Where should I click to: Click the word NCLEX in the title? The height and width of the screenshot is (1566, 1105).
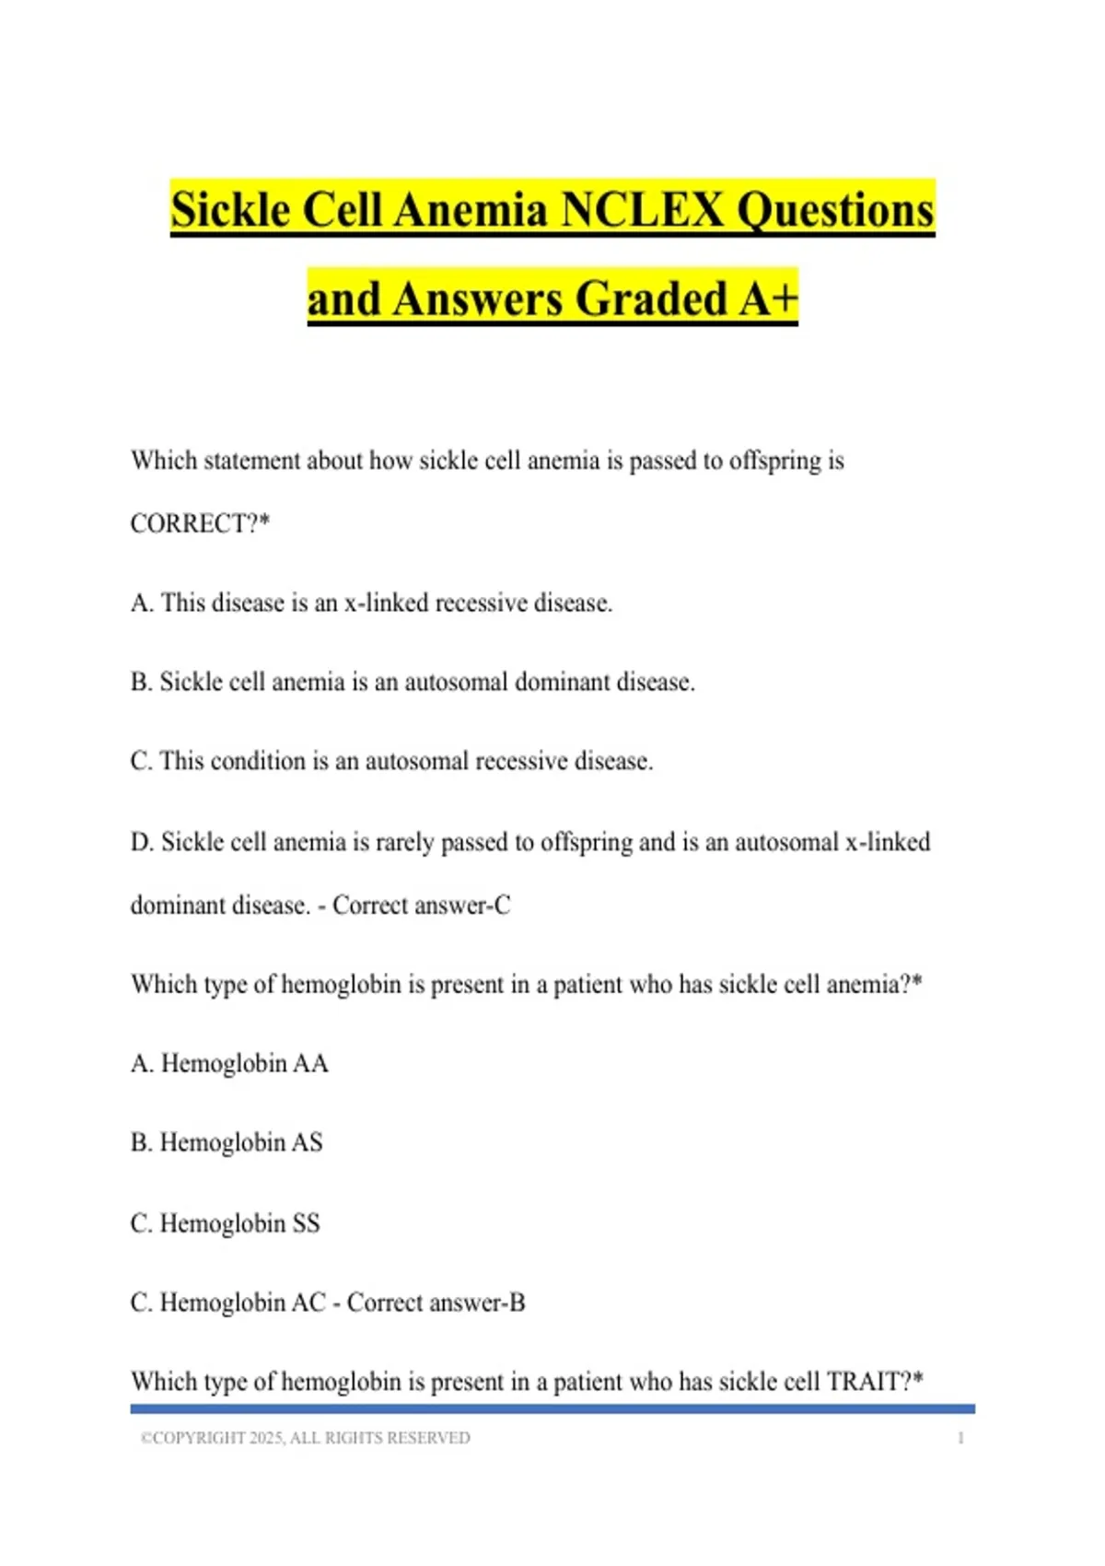click(641, 209)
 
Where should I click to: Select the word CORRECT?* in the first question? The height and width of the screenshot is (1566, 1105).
click(200, 523)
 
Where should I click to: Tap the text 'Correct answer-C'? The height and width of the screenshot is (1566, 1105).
click(421, 906)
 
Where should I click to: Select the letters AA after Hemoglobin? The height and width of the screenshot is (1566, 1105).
click(310, 1063)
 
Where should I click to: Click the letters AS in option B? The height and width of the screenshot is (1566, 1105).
click(308, 1142)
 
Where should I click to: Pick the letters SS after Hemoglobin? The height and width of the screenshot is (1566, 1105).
click(306, 1223)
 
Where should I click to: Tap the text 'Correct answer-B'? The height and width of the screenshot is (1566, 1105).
click(436, 1303)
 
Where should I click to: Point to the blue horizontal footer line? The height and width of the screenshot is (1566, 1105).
click(552, 1408)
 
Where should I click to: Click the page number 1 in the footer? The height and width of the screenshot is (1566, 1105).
click(960, 1438)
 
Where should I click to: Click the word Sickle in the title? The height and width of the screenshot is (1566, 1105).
click(230, 209)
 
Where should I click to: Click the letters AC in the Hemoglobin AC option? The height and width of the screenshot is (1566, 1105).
click(308, 1303)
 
